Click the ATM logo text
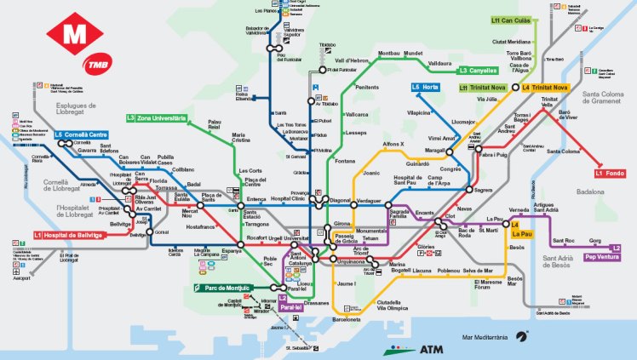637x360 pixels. click(431, 348)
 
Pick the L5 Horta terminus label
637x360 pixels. click(426, 87)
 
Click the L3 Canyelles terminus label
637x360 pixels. click(481, 70)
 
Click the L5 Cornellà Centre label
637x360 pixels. click(81, 134)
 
